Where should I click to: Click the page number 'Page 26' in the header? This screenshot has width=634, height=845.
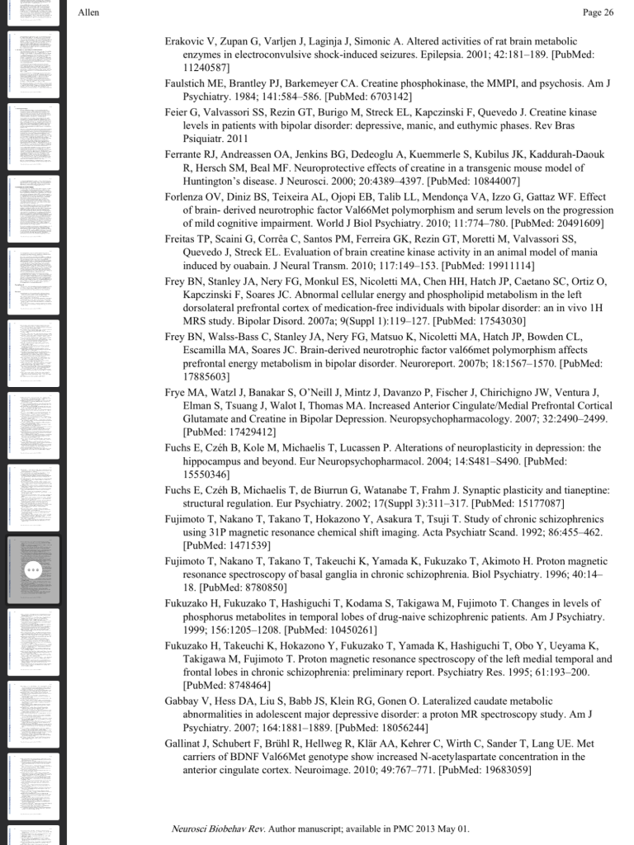point(598,12)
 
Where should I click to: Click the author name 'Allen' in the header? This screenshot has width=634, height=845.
point(88,12)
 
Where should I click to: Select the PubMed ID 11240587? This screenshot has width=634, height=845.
point(206,68)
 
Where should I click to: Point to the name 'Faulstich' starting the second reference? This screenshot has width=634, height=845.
point(185,83)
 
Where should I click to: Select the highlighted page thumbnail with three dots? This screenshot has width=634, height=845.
point(33,569)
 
